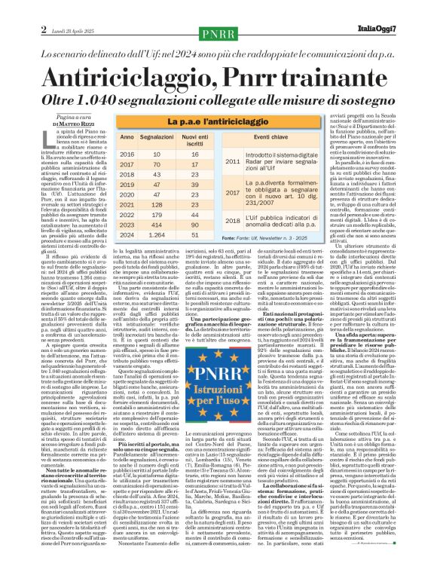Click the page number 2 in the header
coord(13,8)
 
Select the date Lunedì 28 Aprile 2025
coord(45,8)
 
